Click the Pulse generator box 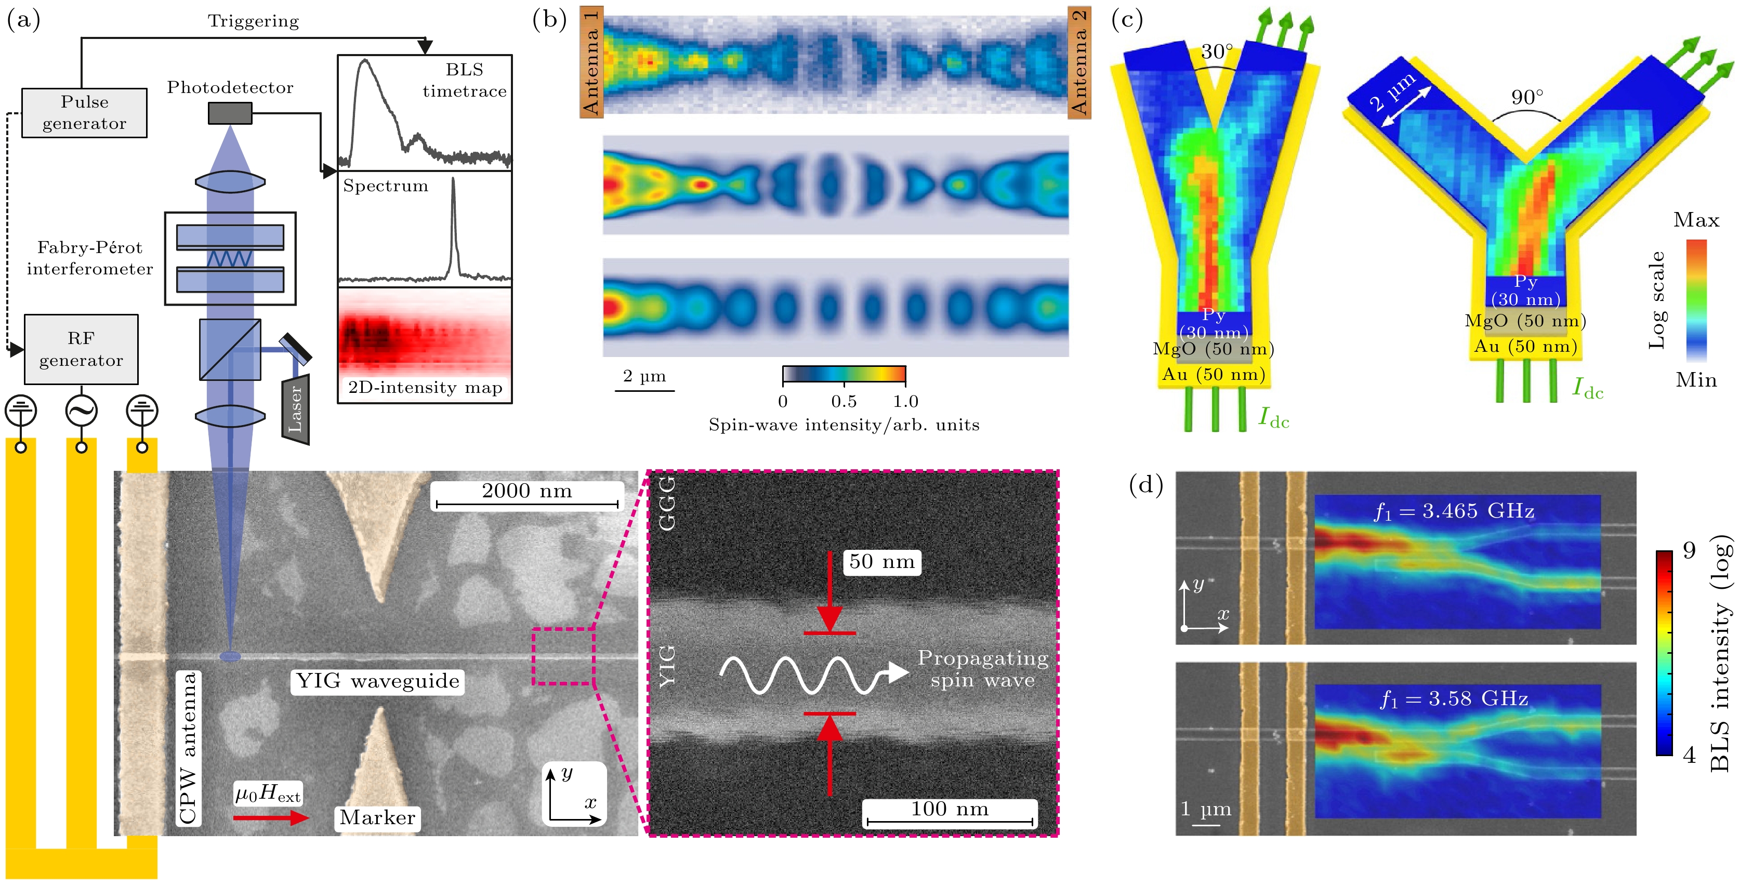[84, 113]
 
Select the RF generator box [81, 349]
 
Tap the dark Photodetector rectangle [230, 113]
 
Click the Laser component [296, 410]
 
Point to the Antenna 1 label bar [591, 62]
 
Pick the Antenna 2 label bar [1079, 62]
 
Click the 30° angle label [1217, 51]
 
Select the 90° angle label [1527, 97]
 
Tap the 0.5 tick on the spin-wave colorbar [844, 402]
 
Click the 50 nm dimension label [881, 562]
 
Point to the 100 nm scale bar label [950, 809]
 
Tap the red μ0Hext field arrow [270, 818]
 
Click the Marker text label [377, 817]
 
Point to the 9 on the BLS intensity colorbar [1689, 551]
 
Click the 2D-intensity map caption [425, 388]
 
